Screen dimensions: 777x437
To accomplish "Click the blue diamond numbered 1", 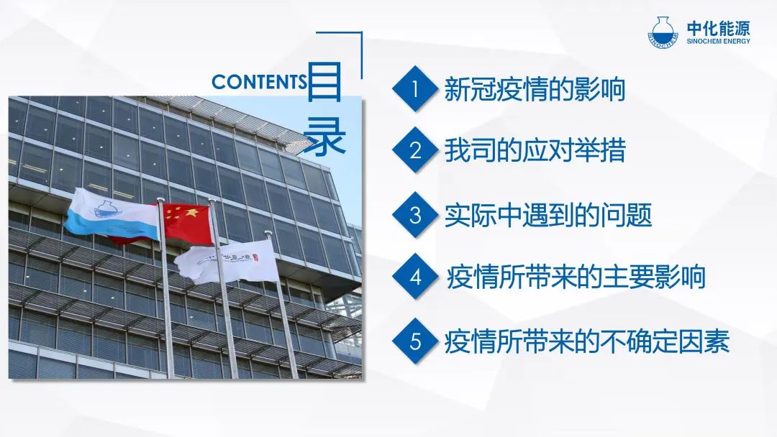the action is pos(415,89).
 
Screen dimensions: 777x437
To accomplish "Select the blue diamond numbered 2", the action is pos(415,150).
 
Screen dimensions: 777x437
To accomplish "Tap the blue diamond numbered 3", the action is pos(415,216).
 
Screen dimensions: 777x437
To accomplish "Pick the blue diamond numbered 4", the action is pos(415,277).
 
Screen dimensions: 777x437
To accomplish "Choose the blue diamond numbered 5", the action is pos(415,341).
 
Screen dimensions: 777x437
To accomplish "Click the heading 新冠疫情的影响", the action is pos(534,90).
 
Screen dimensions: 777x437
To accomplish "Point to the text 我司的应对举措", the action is pos(535,150).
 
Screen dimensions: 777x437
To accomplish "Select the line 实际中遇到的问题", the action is pos(547,216).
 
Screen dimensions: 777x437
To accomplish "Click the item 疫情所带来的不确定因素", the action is pos(587,341).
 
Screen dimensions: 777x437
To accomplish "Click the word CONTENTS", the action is pos(259,82).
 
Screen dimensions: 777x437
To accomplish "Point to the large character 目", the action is pos(324,83).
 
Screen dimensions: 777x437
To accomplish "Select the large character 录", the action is pos(324,136).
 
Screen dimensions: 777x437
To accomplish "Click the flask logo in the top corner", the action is pos(663,32).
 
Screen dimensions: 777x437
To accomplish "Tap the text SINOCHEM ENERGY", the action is pos(719,41).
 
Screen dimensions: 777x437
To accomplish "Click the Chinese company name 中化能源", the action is pos(719,28).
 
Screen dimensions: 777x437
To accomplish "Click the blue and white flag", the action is pos(112,213).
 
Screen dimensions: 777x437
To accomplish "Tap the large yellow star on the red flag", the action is pos(191,214).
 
